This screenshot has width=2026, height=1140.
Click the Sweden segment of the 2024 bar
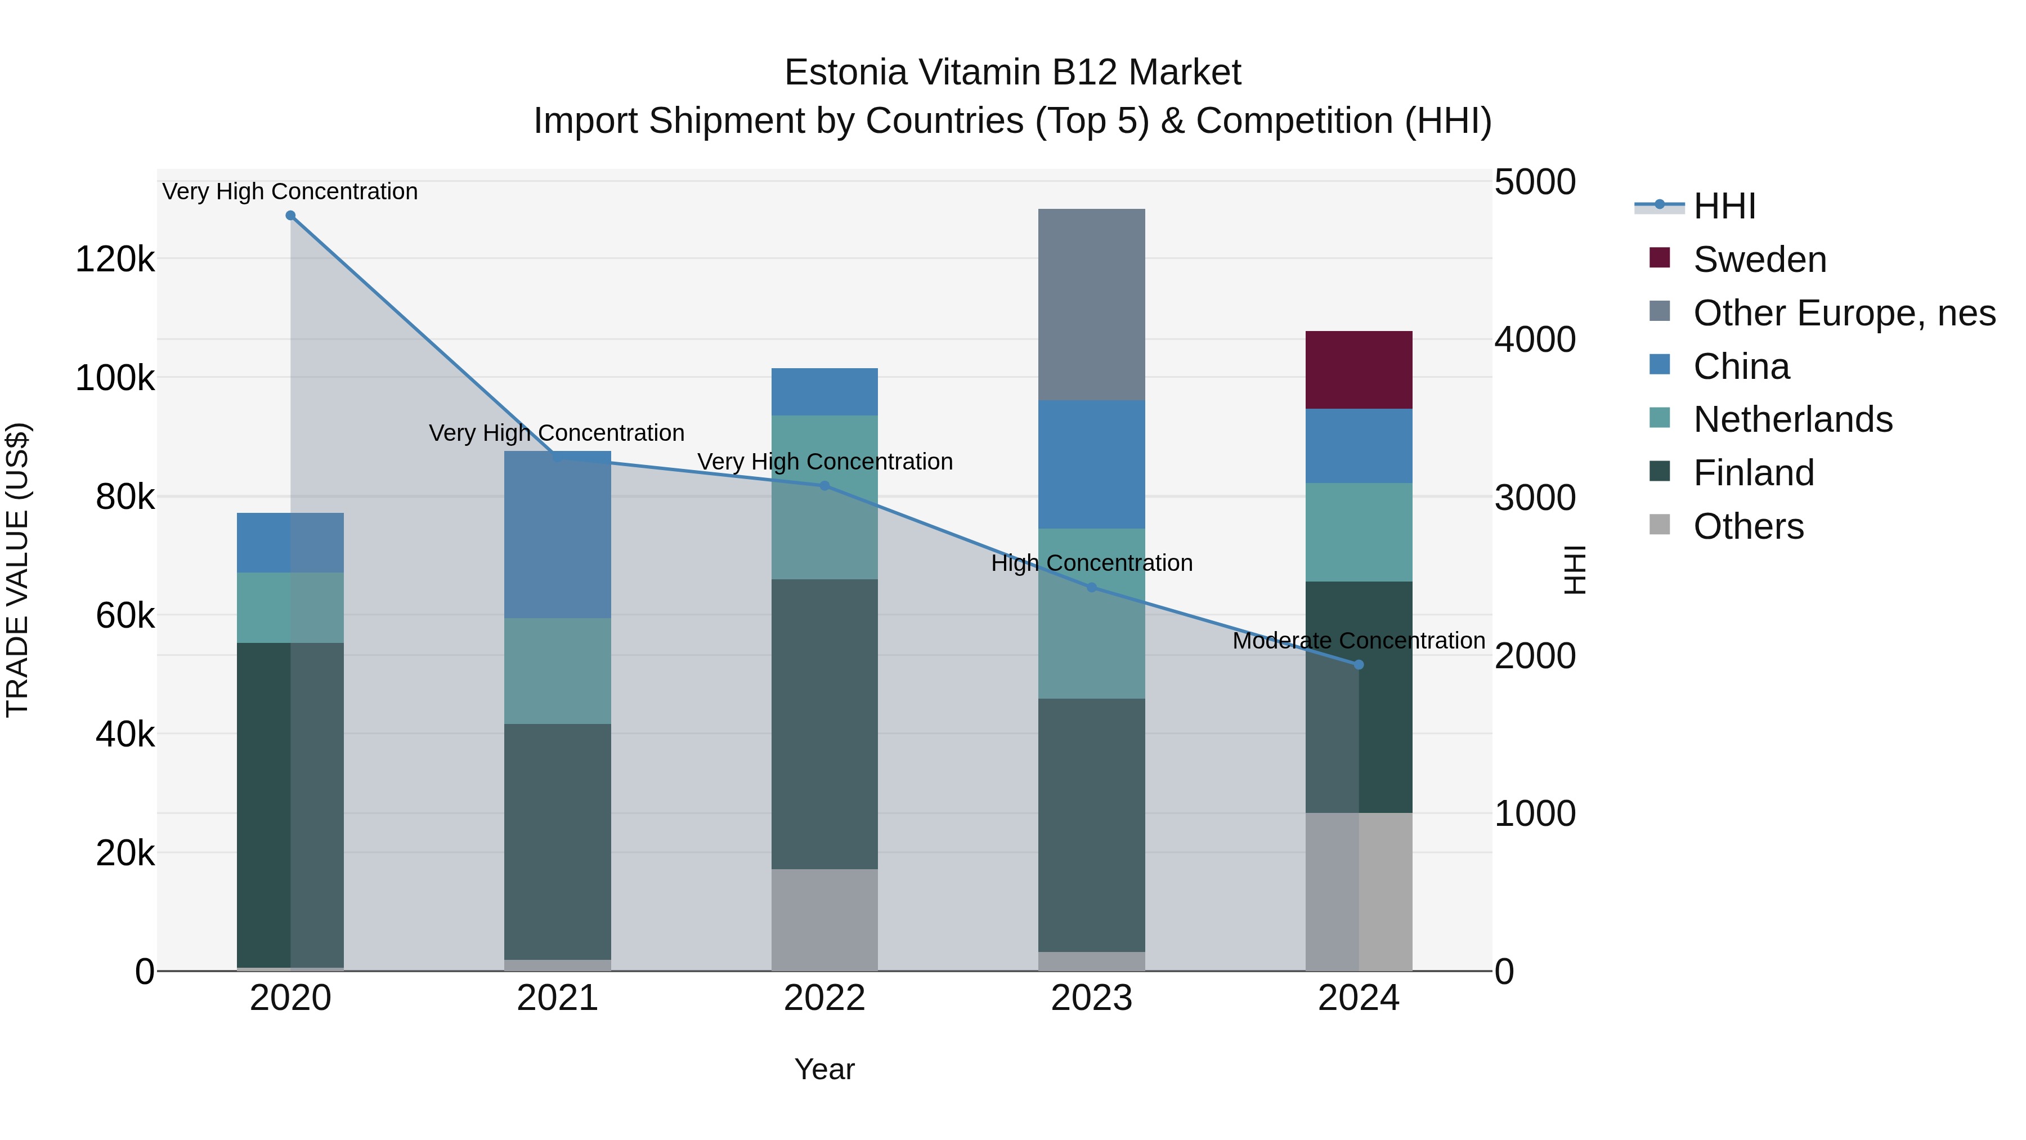click(x=1359, y=370)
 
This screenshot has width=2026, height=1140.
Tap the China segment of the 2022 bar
click(x=824, y=392)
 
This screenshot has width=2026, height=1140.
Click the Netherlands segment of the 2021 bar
click(x=558, y=670)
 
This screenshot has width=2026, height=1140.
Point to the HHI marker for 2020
click(x=290, y=216)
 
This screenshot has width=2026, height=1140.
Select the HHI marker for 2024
click(x=1359, y=665)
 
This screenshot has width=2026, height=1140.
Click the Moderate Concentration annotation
click(x=1359, y=641)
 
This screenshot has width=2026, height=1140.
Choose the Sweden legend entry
click(x=1759, y=260)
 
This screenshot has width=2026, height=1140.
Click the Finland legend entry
click(x=1753, y=473)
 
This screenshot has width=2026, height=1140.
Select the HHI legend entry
click(x=1724, y=206)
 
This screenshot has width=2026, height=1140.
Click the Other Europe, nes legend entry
click(x=1844, y=313)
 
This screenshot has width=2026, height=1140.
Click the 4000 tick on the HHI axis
click(x=1535, y=340)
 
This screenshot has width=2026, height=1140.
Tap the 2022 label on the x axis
click(x=824, y=998)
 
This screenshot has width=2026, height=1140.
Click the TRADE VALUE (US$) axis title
click(x=17, y=570)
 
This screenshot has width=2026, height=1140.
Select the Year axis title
click(x=824, y=1069)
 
